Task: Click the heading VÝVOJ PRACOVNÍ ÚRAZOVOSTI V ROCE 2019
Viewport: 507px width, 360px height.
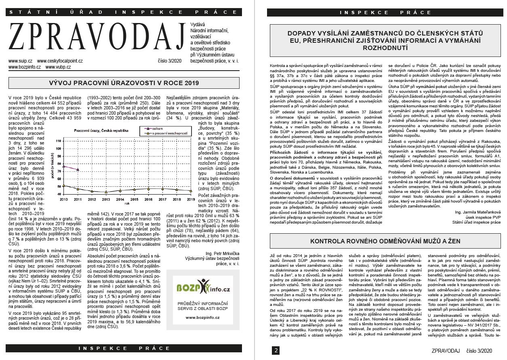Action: pyautogui.click(x=124, y=84)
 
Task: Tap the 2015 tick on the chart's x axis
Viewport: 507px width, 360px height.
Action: pyautogui.click(x=134, y=199)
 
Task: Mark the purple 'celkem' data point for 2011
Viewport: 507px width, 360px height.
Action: pyautogui.click(x=78, y=170)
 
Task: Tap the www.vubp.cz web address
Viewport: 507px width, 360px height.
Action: pyautogui.click(x=56, y=67)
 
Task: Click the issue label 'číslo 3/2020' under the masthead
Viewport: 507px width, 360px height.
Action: pyautogui.click(x=170, y=61)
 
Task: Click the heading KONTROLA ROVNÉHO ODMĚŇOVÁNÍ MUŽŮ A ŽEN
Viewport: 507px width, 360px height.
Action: pyautogui.click(x=385, y=241)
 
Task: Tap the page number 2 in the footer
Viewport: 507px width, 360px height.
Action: pyautogui.click(x=276, y=350)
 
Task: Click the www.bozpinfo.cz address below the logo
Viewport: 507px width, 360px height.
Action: pyautogui.click(x=203, y=318)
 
